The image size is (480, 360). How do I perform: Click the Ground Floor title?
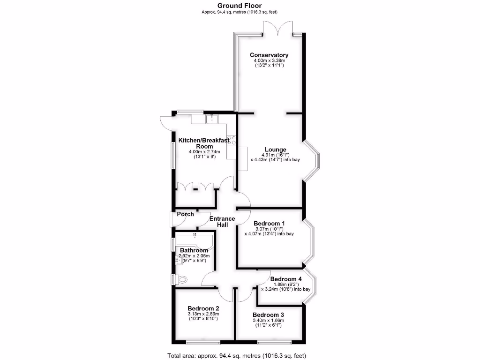tap(240, 6)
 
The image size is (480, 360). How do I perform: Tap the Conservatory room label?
tap(269, 55)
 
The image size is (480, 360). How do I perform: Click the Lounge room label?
tap(275, 150)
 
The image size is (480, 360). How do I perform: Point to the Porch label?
tap(185, 214)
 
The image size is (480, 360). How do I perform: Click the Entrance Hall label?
tap(222, 222)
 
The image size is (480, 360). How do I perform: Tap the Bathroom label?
tap(194, 250)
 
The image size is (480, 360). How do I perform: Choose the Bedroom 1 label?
tap(269, 224)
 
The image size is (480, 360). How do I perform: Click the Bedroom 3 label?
tap(269, 315)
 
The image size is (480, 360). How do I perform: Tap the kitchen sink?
tap(212, 118)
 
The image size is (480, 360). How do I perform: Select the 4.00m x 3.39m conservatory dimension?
tap(269, 61)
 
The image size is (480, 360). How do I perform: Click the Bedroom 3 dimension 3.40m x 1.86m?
tap(269, 320)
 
